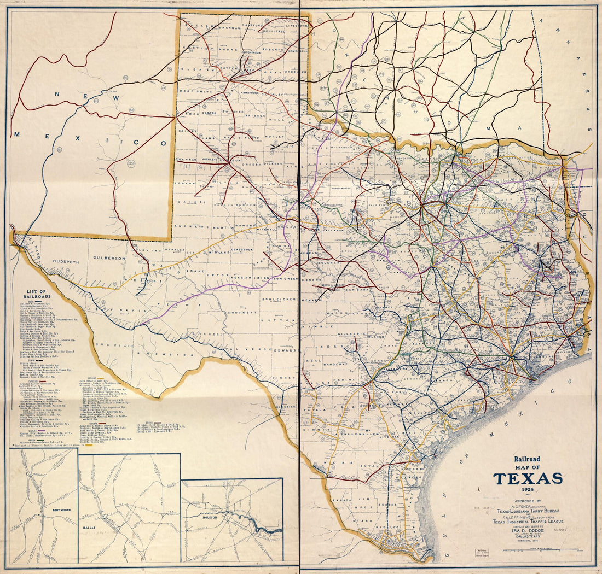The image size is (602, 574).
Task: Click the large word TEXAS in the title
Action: [x=528, y=478]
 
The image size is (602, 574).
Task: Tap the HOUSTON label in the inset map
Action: [x=209, y=517]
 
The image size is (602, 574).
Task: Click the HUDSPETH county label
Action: [x=66, y=261]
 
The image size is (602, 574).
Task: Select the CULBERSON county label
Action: [x=109, y=257]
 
